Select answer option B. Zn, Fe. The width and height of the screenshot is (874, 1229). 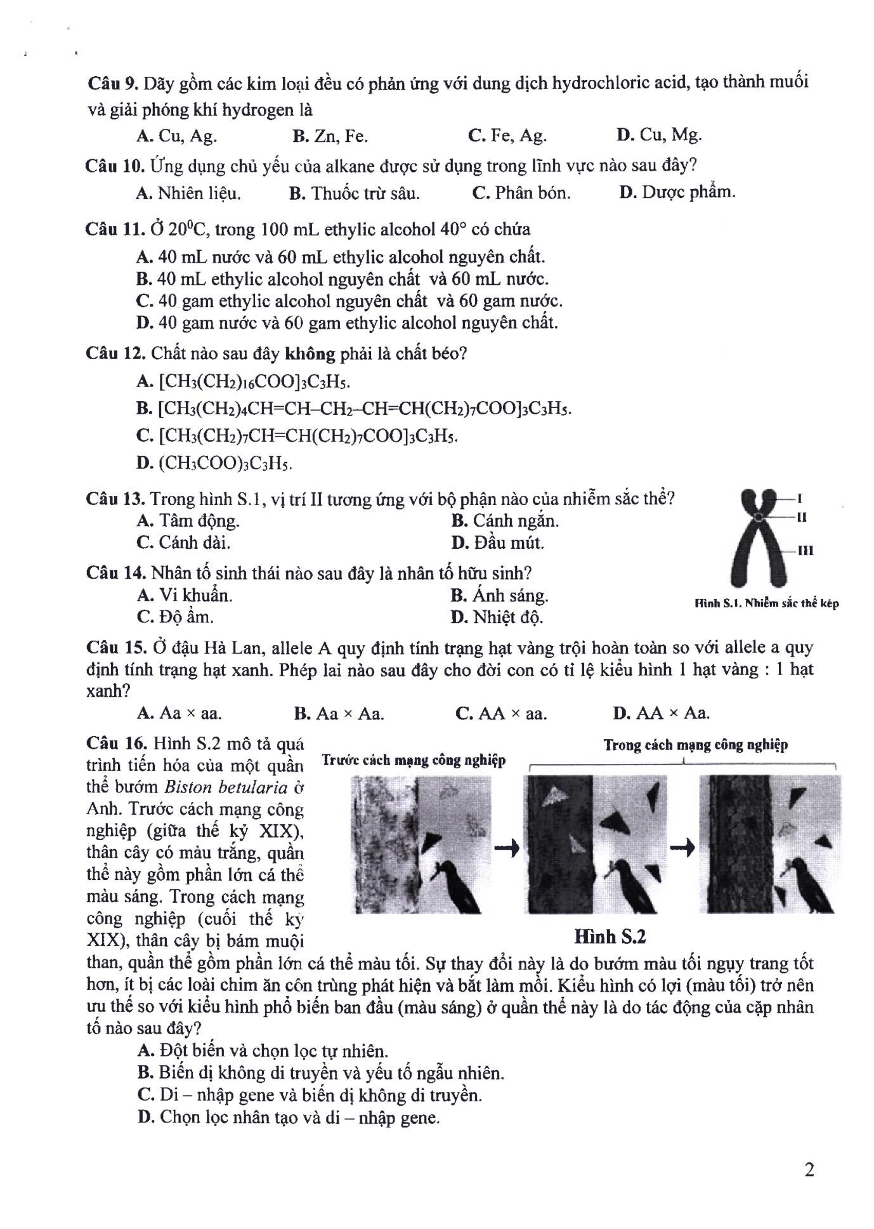click(x=330, y=136)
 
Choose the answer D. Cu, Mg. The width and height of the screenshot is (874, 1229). click(x=658, y=135)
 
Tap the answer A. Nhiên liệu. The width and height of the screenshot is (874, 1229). click(x=188, y=193)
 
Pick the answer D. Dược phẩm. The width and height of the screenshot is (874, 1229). click(x=677, y=192)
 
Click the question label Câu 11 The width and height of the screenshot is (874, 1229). click(x=115, y=229)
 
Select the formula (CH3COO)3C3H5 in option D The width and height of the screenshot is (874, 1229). click(x=225, y=463)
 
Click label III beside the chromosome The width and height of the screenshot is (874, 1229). click(x=805, y=551)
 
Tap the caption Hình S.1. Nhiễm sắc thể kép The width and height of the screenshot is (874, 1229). click(x=767, y=603)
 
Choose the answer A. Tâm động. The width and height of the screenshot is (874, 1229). click(x=188, y=521)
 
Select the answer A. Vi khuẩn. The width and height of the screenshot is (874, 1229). click(x=185, y=595)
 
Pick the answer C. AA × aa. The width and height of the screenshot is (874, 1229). click(x=501, y=713)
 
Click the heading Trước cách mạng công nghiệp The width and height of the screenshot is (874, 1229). click(x=414, y=760)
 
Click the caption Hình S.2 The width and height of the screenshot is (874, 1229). click(x=610, y=937)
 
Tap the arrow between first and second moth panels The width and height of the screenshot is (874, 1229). click(x=506, y=847)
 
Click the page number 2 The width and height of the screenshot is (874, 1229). click(x=809, y=1169)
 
